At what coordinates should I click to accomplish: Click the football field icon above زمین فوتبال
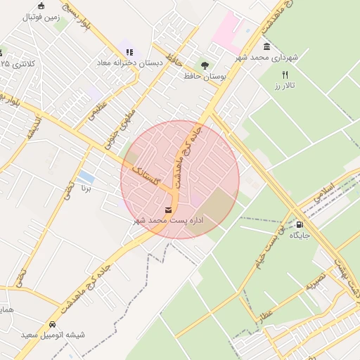41,6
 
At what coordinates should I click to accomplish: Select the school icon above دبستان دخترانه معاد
129,51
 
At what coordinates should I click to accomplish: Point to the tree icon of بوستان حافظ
205,65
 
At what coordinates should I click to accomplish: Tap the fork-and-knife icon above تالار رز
285,75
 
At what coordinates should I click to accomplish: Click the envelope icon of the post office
169,210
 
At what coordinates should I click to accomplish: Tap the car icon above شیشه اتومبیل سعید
53,324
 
